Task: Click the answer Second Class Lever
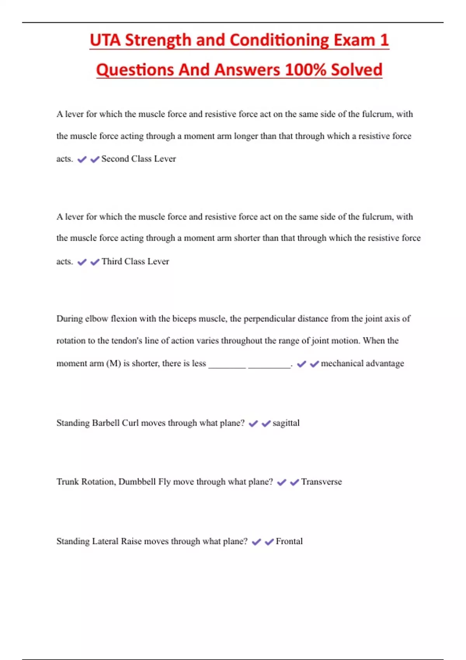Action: point(139,159)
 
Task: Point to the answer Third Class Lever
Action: point(135,262)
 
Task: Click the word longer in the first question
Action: point(246,136)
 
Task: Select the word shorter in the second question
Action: point(247,238)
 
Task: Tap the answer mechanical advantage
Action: point(362,363)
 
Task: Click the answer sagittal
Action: point(286,423)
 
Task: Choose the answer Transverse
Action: point(322,482)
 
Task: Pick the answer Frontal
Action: point(289,541)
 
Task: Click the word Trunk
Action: point(68,482)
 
